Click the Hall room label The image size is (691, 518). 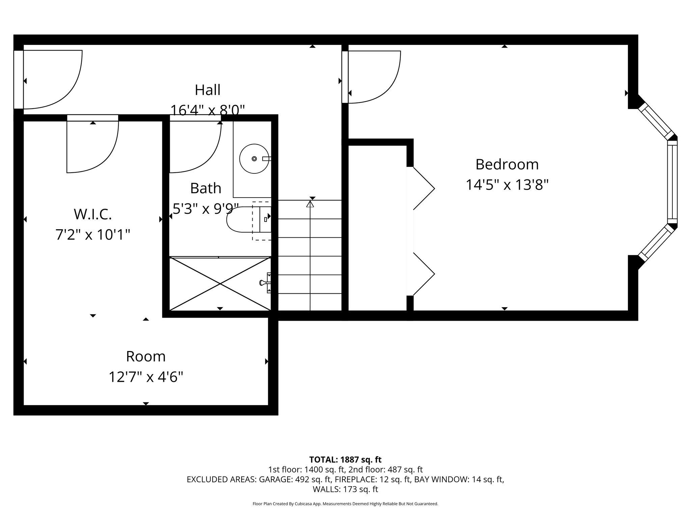click(208, 90)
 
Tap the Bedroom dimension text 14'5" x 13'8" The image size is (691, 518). click(507, 185)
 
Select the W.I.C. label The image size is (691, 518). click(92, 214)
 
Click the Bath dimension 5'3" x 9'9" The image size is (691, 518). click(205, 209)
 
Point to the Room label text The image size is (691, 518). click(146, 356)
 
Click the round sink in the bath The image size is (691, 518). click(254, 159)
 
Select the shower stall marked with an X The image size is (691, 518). click(220, 284)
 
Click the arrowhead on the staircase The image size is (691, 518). click(310, 204)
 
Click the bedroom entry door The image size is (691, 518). click(373, 78)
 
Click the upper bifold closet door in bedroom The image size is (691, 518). click(423, 188)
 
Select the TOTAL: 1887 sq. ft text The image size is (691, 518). click(345, 460)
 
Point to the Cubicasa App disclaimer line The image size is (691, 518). click(345, 504)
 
